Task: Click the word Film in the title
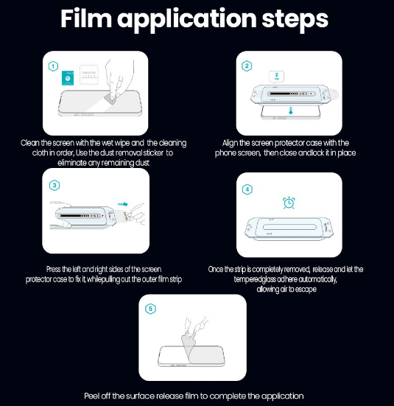click(86, 18)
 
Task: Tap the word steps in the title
click(295, 19)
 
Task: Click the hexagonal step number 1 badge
click(53, 66)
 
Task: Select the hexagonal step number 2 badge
click(247, 66)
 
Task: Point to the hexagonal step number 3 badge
click(54, 185)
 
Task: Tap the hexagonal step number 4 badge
click(247, 189)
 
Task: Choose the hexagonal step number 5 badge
click(150, 309)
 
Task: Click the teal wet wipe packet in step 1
click(68, 78)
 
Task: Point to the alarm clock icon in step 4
click(289, 203)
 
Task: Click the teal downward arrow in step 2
click(291, 111)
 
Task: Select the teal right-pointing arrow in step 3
click(123, 204)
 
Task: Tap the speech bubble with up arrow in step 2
click(276, 77)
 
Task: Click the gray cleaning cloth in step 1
click(110, 99)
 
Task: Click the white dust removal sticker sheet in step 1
click(89, 74)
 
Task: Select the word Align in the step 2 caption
click(230, 143)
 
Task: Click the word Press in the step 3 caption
click(53, 269)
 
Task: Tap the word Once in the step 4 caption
click(215, 269)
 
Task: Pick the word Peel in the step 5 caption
click(91, 396)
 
